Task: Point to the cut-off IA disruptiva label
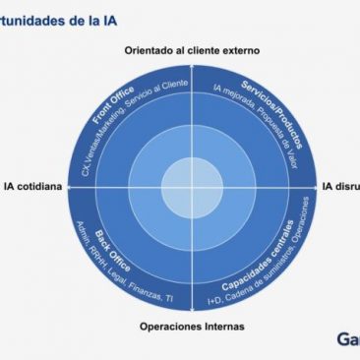[340, 184]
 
